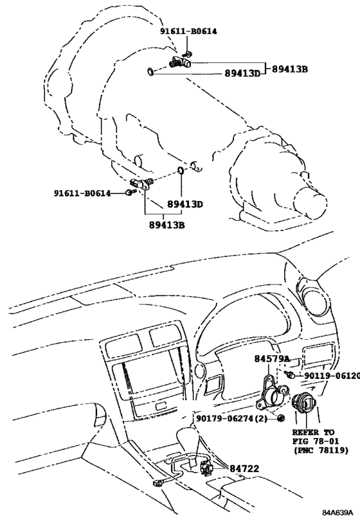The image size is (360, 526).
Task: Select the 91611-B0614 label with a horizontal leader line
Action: [x=82, y=193]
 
